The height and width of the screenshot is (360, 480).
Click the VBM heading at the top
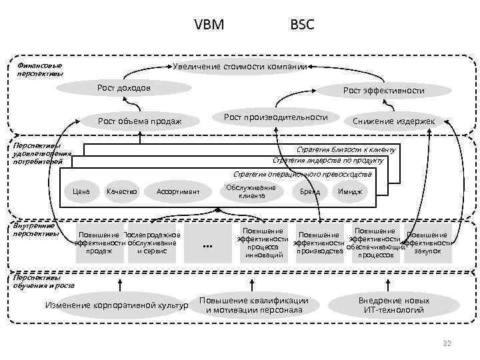pos(209,25)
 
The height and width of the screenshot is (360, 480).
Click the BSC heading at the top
pos(302,25)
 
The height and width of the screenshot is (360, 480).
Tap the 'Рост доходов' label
pos(124,88)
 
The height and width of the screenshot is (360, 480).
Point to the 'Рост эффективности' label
pos(383,90)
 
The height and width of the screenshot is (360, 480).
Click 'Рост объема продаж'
pos(140,121)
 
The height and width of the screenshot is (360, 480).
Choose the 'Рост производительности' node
pos(276,117)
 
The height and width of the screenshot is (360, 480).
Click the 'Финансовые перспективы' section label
pos(40,69)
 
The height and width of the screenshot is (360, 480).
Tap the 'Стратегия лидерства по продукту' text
pos(328,160)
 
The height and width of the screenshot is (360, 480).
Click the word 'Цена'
pos(81,191)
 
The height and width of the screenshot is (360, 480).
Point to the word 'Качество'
pos(121,191)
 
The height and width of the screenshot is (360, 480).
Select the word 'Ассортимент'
pos(178,192)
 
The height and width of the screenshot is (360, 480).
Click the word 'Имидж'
pos(350,191)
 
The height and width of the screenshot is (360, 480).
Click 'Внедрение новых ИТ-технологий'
pos(394,305)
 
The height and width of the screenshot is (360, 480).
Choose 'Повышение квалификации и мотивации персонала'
pos(254,305)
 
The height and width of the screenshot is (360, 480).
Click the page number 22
pos(447,343)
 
